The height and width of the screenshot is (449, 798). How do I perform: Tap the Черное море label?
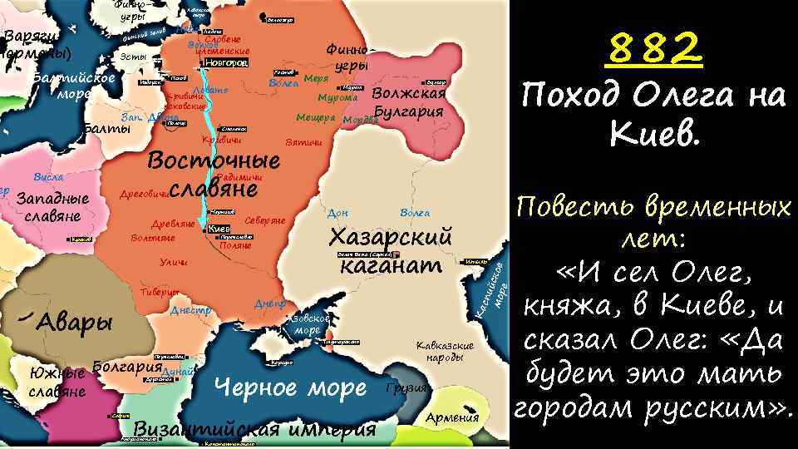[290, 387]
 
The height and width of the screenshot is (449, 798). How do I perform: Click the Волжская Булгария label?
[409, 102]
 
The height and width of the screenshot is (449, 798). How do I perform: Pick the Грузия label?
[408, 388]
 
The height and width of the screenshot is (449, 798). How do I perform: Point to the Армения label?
[452, 417]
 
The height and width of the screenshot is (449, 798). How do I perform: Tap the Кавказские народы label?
[445, 351]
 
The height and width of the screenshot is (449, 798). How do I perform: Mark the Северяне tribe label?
[266, 221]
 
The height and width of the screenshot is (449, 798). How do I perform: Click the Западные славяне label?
[52, 207]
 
